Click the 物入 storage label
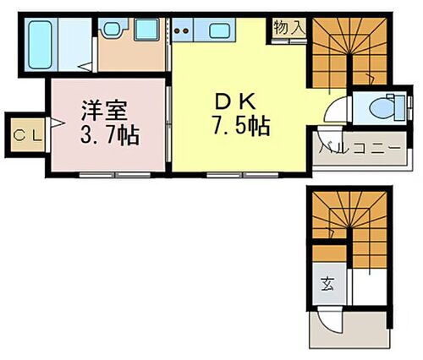click(x=289, y=28)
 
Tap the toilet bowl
click(x=380, y=108)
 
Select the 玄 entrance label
click(x=327, y=282)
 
